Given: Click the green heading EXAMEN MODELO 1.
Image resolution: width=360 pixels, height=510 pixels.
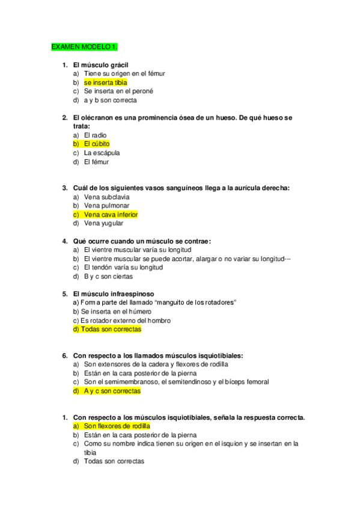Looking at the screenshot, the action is (x=84, y=46).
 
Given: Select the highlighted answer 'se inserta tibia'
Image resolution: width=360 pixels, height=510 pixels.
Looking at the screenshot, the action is (x=105, y=82).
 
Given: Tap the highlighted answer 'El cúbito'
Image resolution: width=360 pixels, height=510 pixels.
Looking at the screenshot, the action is (x=97, y=144).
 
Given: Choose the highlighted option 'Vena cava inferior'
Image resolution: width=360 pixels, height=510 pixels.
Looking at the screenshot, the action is (x=111, y=215).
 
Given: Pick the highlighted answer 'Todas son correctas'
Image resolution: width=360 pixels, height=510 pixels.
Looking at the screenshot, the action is (x=107, y=330).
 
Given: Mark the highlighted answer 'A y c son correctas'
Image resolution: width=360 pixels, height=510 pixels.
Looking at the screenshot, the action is (x=112, y=391).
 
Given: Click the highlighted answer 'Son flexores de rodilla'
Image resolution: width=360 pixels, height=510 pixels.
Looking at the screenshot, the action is (x=117, y=426).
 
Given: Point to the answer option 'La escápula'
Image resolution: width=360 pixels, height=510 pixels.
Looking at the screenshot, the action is (x=102, y=153).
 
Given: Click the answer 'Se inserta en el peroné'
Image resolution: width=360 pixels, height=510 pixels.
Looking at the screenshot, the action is (x=118, y=91).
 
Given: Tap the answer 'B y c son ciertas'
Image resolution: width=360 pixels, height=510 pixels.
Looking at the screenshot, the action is (x=108, y=277).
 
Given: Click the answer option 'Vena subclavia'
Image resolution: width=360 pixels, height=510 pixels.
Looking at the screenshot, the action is (x=106, y=197).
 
